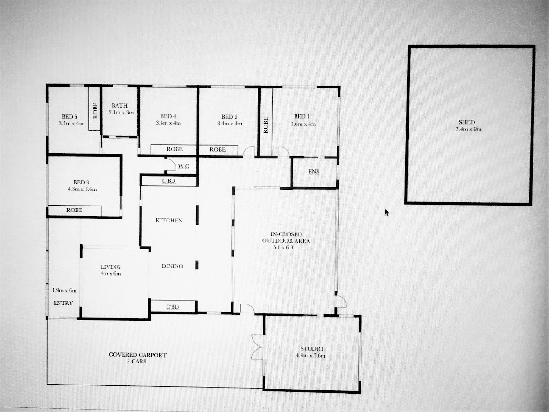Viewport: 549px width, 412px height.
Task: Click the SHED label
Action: pyautogui.click(x=467, y=122)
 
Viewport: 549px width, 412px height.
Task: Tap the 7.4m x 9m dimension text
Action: pyautogui.click(x=468, y=130)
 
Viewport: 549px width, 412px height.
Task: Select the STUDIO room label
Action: pyautogui.click(x=312, y=349)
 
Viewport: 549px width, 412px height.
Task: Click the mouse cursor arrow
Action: pyautogui.click(x=387, y=212)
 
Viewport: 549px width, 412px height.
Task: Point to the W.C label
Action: pyautogui.click(x=183, y=166)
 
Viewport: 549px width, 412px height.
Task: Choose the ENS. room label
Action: pyautogui.click(x=314, y=172)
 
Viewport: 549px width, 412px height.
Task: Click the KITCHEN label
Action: pyautogui.click(x=169, y=220)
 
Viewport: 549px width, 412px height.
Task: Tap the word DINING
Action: pyautogui.click(x=172, y=266)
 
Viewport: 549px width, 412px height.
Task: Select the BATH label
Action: pyautogui.click(x=119, y=106)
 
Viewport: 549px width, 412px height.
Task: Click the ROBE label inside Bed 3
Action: pyautogui.click(x=74, y=210)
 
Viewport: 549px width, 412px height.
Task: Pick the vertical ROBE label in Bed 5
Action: pyautogui.click(x=95, y=111)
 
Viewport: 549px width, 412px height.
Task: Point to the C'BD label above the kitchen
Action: pyautogui.click(x=169, y=181)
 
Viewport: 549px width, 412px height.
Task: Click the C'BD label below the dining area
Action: pyautogui.click(x=172, y=307)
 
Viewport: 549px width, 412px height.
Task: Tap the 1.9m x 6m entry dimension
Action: pyautogui.click(x=65, y=290)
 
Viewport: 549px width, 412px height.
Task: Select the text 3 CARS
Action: pyautogui.click(x=136, y=362)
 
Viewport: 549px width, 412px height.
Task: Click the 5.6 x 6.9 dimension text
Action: pyautogui.click(x=283, y=247)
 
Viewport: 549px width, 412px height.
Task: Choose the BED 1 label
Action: pyautogui.click(x=302, y=117)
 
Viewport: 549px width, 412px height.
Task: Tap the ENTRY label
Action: pyautogui.click(x=63, y=303)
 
